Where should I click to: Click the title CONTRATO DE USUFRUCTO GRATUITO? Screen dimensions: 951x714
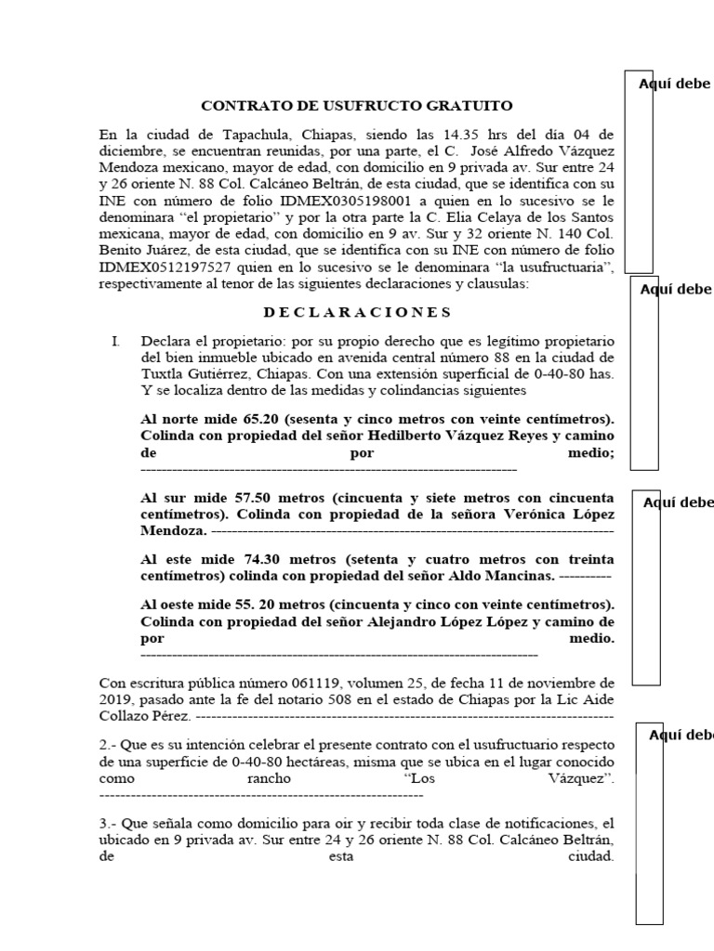(x=357, y=107)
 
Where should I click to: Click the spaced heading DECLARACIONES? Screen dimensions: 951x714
(x=357, y=312)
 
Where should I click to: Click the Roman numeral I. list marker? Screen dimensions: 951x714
(x=116, y=342)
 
